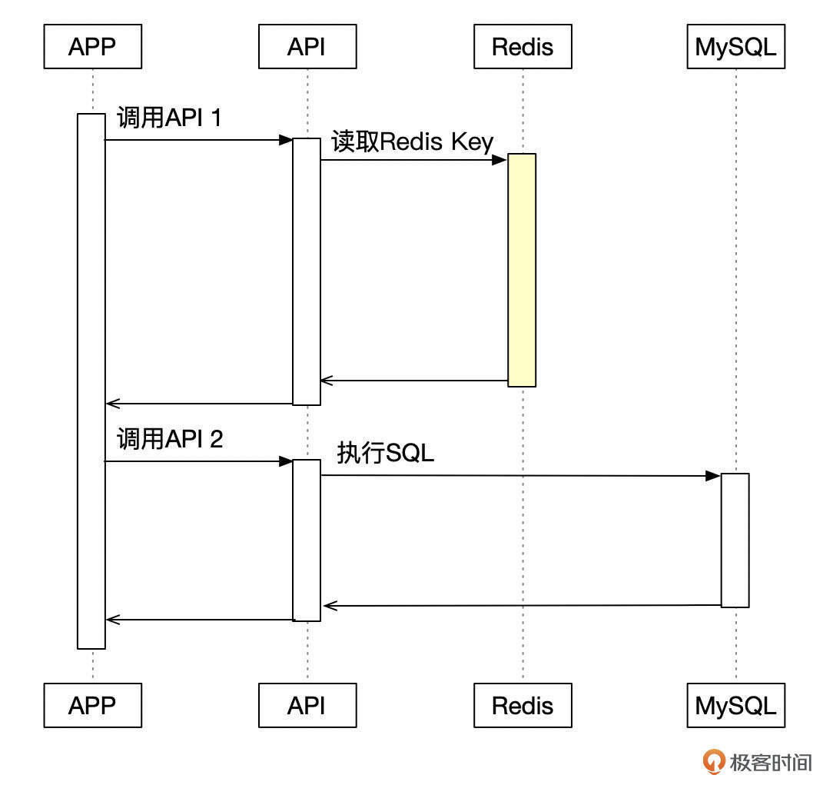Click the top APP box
(x=92, y=47)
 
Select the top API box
(x=307, y=47)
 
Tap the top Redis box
(x=523, y=47)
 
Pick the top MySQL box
(x=735, y=47)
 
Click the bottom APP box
(x=92, y=705)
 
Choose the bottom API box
(x=307, y=705)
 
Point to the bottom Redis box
(x=523, y=705)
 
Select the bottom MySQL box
(x=735, y=705)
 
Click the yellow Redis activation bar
(x=522, y=269)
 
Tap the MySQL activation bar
(x=735, y=540)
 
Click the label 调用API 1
(x=169, y=118)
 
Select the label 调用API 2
(x=170, y=439)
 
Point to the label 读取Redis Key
(x=412, y=142)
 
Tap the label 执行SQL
(x=385, y=453)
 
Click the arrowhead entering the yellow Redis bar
(x=499, y=160)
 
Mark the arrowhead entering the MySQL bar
(x=713, y=477)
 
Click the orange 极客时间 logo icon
(x=715, y=761)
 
